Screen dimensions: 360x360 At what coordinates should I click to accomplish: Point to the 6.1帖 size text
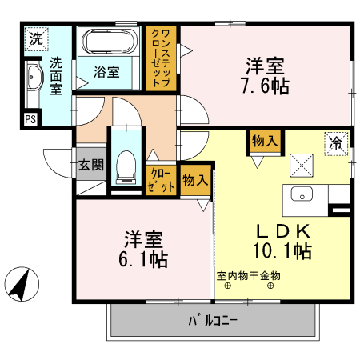[145, 258]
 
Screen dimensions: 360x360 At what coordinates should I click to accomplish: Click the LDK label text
[282, 231]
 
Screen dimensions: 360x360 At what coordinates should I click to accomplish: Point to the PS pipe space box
[30, 119]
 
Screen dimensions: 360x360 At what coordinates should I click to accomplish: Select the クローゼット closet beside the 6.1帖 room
[162, 180]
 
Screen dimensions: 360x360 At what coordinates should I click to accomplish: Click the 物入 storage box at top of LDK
[265, 141]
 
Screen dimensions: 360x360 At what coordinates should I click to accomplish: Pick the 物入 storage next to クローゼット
[195, 179]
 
